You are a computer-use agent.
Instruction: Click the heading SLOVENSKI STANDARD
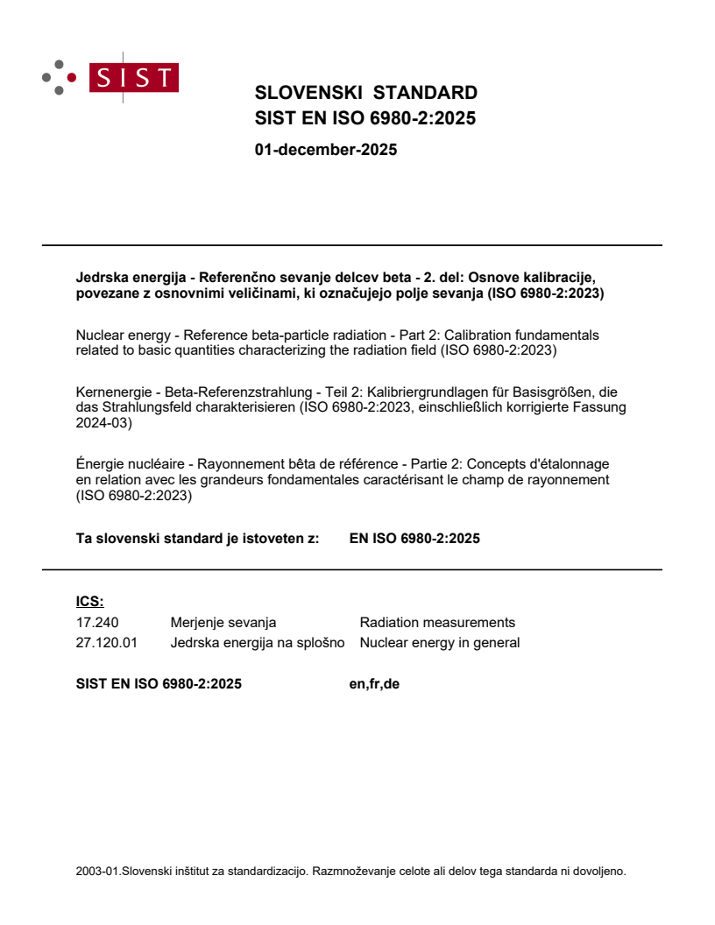(x=365, y=93)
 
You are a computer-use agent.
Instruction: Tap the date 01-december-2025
(x=325, y=150)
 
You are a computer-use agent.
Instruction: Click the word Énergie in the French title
(x=102, y=463)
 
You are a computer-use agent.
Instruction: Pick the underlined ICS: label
(x=89, y=602)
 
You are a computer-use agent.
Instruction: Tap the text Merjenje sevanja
(x=223, y=623)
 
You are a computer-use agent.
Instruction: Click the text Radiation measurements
(x=437, y=623)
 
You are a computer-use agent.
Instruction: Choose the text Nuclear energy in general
(x=439, y=643)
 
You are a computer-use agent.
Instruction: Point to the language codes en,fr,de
(x=374, y=684)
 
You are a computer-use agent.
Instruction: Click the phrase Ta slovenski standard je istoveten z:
(x=197, y=540)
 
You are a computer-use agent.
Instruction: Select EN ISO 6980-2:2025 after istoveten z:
(x=414, y=540)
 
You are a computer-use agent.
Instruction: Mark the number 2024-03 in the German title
(x=103, y=423)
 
